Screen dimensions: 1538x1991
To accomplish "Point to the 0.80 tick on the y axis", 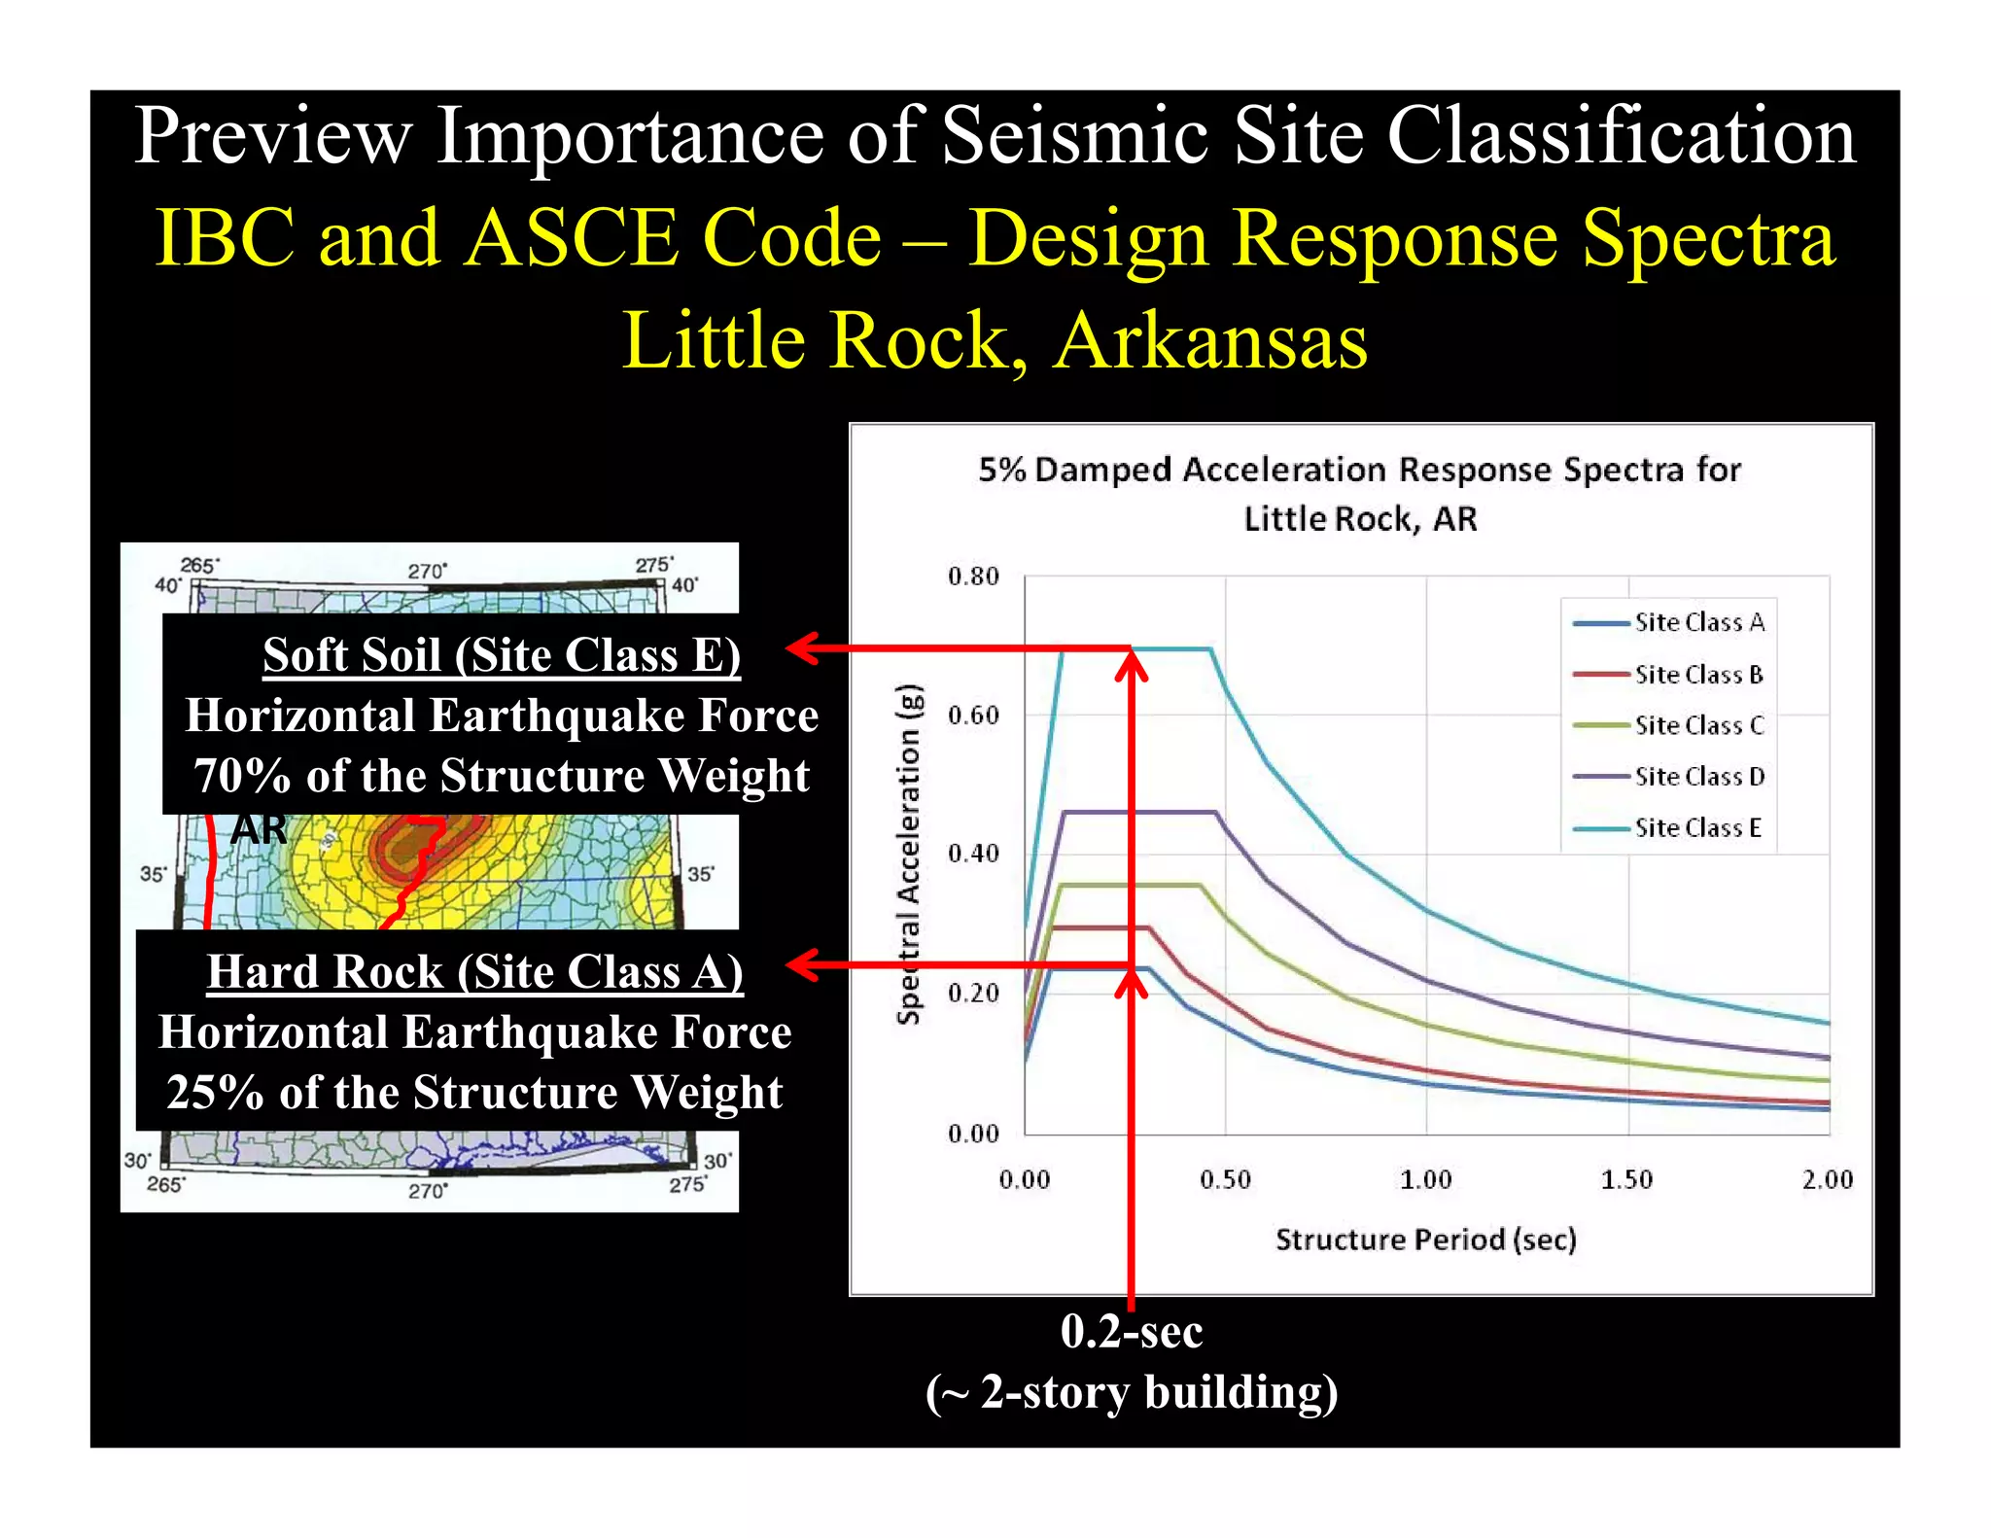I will pyautogui.click(x=973, y=577).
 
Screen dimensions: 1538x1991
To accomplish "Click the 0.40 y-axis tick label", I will pyautogui.click(x=973, y=854).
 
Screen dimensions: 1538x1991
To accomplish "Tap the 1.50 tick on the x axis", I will pyautogui.click(x=1626, y=1179).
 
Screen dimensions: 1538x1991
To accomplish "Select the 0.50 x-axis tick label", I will pyautogui.click(x=1225, y=1179).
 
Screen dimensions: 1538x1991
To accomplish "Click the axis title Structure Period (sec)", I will pyautogui.click(x=1425, y=1240).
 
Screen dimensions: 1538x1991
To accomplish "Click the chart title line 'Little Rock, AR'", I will pyautogui.click(x=1360, y=519).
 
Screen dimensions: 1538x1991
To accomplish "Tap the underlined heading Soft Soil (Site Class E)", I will pyautogui.click(x=502, y=654).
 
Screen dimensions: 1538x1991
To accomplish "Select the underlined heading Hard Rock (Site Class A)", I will pyautogui.click(x=474, y=971).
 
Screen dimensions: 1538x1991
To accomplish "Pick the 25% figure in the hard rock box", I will pyautogui.click(x=215, y=1093).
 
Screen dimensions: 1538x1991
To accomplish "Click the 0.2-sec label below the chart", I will pyautogui.click(x=1132, y=1331).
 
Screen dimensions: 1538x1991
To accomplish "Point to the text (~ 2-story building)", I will pyautogui.click(x=1132, y=1391).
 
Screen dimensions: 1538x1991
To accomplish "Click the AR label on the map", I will pyautogui.click(x=260, y=830).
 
